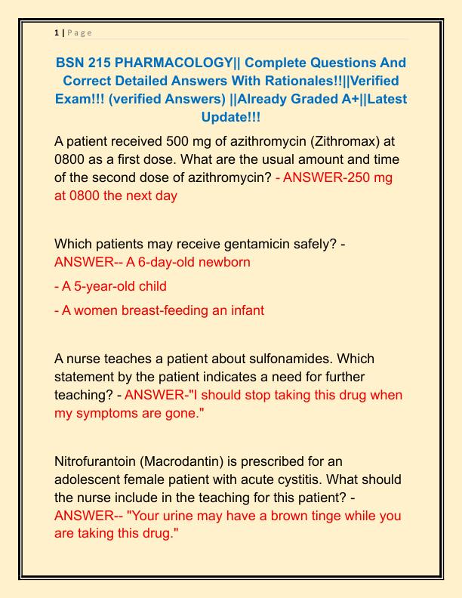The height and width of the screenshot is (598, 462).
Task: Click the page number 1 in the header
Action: [x=57, y=32]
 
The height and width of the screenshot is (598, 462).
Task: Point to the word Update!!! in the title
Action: [x=230, y=117]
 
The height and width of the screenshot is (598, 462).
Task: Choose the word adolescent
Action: [x=92, y=479]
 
